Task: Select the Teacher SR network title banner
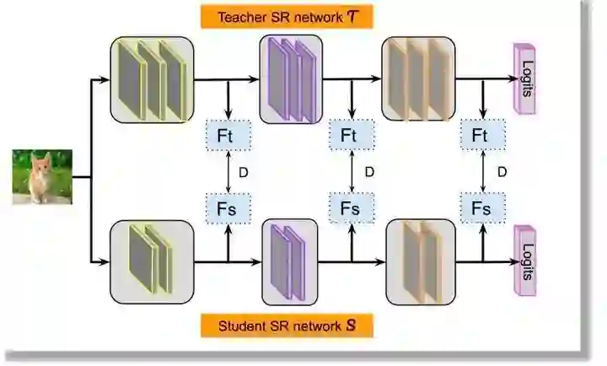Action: [286, 16]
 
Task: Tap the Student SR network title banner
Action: [286, 326]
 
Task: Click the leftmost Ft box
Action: [228, 135]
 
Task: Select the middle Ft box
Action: [350, 135]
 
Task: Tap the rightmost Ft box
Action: [481, 135]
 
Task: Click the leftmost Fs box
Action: [228, 207]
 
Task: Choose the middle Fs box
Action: [350, 207]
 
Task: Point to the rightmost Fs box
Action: [481, 207]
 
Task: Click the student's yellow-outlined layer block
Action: [152, 261]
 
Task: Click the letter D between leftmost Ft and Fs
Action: [244, 171]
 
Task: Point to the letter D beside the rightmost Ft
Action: [502, 171]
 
